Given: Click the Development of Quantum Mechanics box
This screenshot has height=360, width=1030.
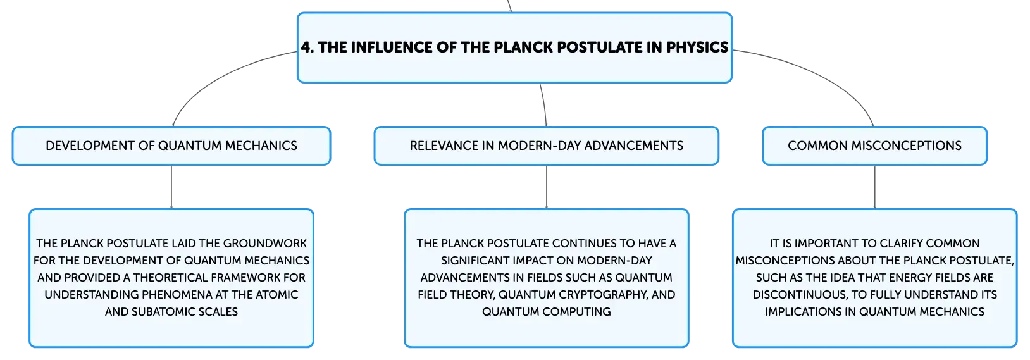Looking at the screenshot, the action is (171, 146).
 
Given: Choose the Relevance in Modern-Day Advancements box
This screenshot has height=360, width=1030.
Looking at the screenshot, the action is (546, 146).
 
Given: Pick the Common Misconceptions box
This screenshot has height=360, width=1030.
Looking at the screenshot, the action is (874, 146).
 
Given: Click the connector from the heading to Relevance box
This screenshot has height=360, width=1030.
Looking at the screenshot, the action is (545, 104).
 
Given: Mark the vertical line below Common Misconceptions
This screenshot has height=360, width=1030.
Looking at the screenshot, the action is (874, 187).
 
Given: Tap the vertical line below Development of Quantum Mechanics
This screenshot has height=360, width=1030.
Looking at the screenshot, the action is (171, 187).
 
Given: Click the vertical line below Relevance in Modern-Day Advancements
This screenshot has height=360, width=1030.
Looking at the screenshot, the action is (546, 187).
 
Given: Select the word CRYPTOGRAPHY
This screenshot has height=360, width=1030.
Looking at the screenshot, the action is (592, 294).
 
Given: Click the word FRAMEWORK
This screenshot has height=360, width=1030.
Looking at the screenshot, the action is (249, 277).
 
